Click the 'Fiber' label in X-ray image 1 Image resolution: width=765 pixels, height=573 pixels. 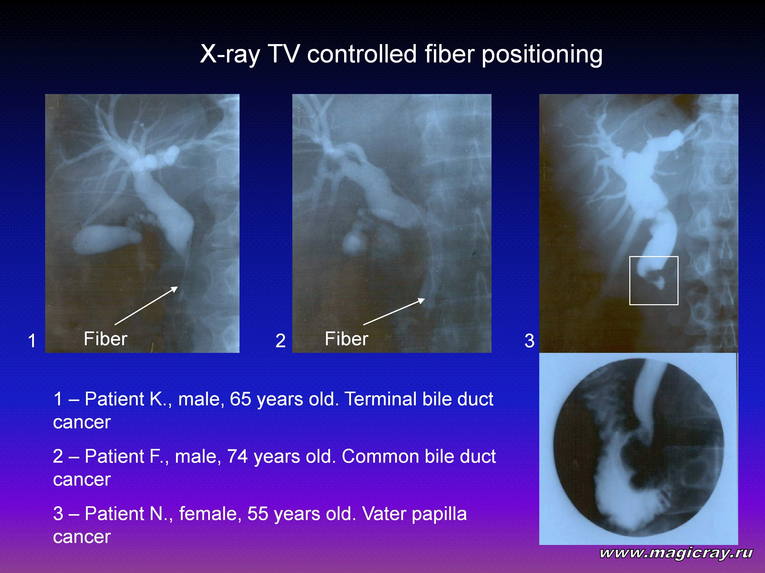point(106,339)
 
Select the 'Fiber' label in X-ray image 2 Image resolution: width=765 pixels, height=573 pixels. point(346,339)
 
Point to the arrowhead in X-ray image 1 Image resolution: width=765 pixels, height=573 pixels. point(175,289)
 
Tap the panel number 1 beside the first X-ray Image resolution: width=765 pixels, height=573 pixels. point(32,341)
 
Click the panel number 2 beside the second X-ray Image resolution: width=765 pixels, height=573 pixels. point(281,341)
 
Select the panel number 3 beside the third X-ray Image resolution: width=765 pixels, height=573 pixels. point(530,341)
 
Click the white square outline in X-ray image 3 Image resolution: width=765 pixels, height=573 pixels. point(630,281)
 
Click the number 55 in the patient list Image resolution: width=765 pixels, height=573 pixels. point(258,514)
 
